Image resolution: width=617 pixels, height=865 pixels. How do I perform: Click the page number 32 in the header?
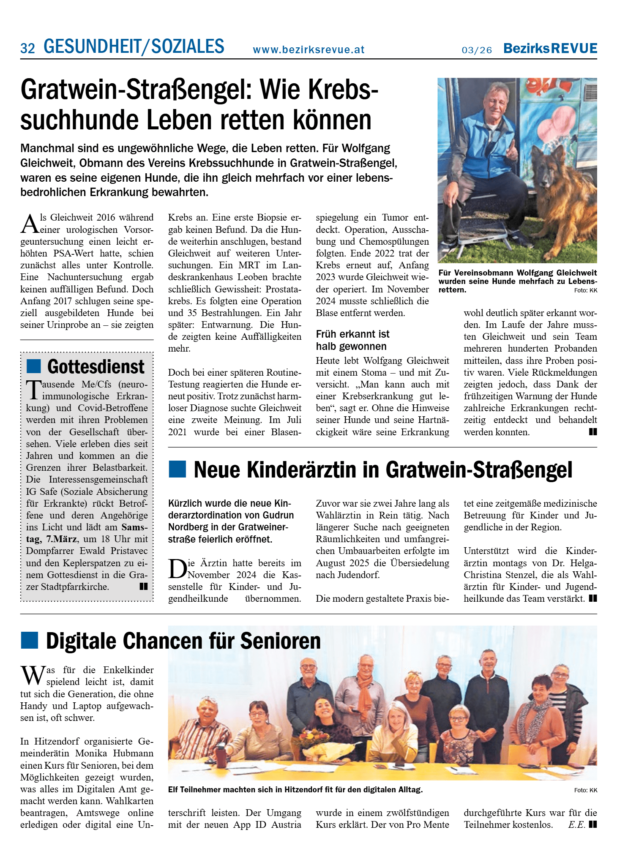pyautogui.click(x=27, y=49)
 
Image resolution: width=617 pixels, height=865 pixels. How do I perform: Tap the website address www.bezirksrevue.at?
pyautogui.click(x=308, y=50)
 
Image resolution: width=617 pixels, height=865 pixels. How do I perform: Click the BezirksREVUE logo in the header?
pyautogui.click(x=550, y=49)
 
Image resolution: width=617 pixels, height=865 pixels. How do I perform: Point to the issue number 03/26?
pyautogui.click(x=477, y=50)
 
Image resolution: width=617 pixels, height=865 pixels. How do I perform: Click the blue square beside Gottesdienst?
pyautogui.click(x=33, y=366)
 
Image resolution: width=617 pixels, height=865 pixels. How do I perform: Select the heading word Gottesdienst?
pyautogui.click(x=96, y=367)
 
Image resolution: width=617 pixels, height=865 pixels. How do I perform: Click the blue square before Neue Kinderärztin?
pyautogui.click(x=177, y=469)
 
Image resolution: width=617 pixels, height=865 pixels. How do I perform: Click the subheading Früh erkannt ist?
pyautogui.click(x=352, y=334)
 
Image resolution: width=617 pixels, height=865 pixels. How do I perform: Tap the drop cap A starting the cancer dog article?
pyautogui.click(x=30, y=224)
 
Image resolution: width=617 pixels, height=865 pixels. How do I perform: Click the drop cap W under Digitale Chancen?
pyautogui.click(x=33, y=677)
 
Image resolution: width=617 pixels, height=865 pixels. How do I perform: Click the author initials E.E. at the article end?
pyautogui.click(x=576, y=825)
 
